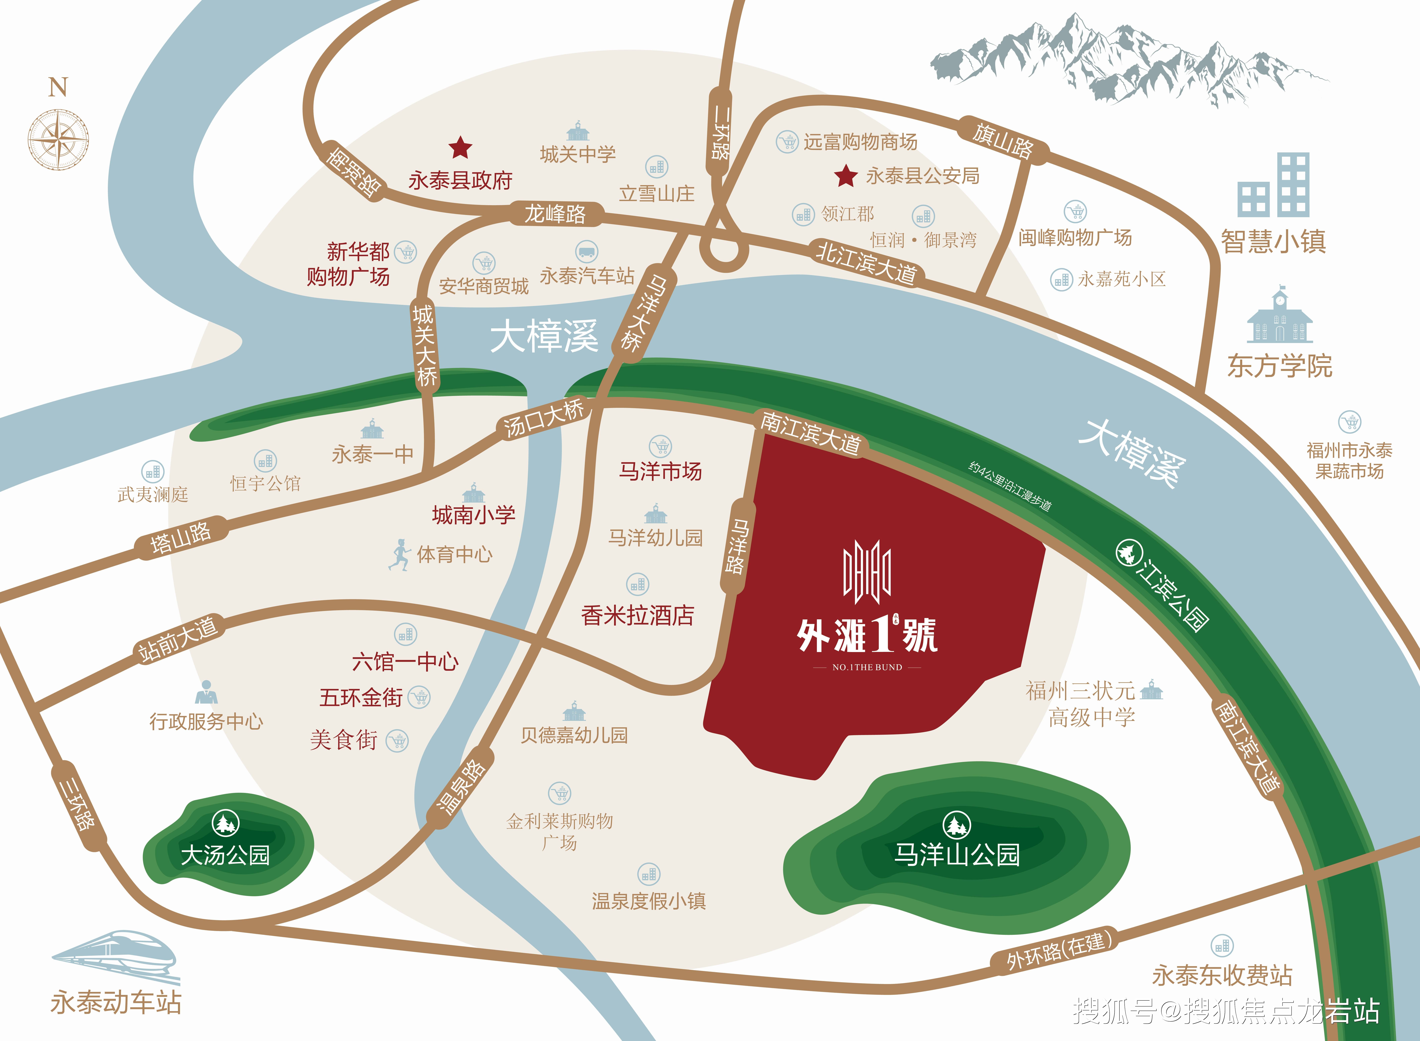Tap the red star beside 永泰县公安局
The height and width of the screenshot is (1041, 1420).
click(846, 176)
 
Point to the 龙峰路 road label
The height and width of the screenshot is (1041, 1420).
click(555, 214)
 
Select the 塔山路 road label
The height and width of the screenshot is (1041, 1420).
click(181, 538)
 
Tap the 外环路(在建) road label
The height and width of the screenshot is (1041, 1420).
click(1059, 950)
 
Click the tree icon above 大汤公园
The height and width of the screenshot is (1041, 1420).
click(225, 822)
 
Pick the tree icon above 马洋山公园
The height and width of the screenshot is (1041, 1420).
click(956, 824)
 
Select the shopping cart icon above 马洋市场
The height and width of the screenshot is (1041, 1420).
click(660, 446)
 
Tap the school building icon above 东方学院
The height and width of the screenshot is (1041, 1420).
click(1279, 315)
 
